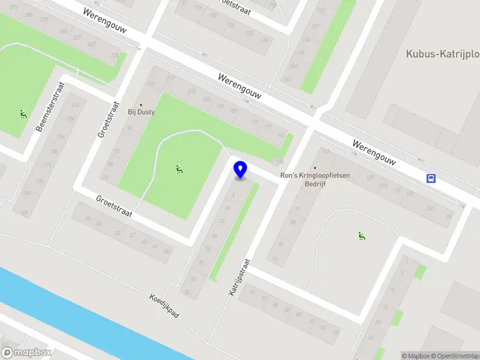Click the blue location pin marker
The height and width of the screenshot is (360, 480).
(x=241, y=170)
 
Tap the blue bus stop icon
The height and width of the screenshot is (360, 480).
(x=431, y=178)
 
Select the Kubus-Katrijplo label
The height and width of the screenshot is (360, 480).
(x=443, y=53)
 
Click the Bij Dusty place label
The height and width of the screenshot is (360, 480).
(x=141, y=112)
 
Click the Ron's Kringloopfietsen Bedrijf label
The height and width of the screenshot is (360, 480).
(x=315, y=180)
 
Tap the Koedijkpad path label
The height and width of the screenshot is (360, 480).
(x=164, y=306)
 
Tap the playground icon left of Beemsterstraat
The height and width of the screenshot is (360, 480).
(x=23, y=113)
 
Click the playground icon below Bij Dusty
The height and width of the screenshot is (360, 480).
(x=179, y=170)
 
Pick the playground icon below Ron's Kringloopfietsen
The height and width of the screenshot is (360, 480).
(x=361, y=236)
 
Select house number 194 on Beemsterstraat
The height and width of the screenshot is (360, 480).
(x=71, y=119)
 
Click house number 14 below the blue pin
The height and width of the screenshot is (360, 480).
(x=223, y=221)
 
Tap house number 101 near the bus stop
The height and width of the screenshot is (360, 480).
(x=430, y=209)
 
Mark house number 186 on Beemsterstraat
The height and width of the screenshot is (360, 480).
(x=55, y=152)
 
